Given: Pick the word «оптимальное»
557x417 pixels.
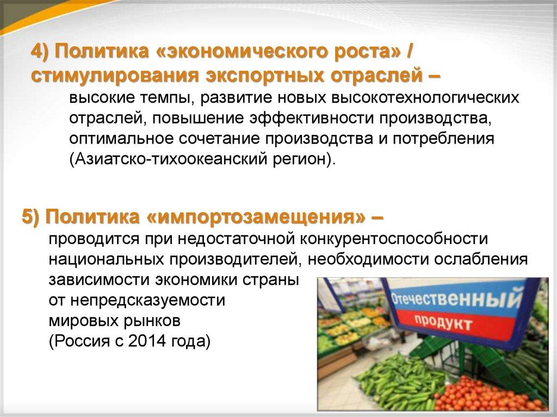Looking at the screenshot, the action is coord(121,138).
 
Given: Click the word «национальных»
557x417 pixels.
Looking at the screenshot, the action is coord(106,259).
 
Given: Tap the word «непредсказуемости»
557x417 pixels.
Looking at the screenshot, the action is coord(148,301).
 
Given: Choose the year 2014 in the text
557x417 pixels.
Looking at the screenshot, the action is coord(147,341).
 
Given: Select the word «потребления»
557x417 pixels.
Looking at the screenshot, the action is coord(443,138).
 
